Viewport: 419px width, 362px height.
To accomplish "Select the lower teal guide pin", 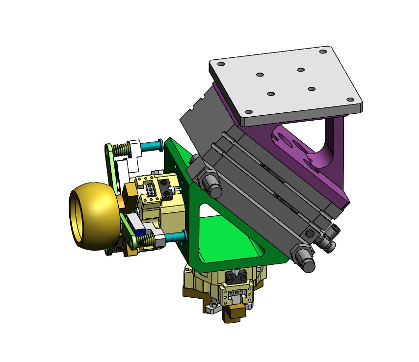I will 174,237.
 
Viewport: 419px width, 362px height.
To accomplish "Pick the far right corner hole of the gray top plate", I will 350,99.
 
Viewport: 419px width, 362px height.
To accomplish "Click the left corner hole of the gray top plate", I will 221,64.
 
